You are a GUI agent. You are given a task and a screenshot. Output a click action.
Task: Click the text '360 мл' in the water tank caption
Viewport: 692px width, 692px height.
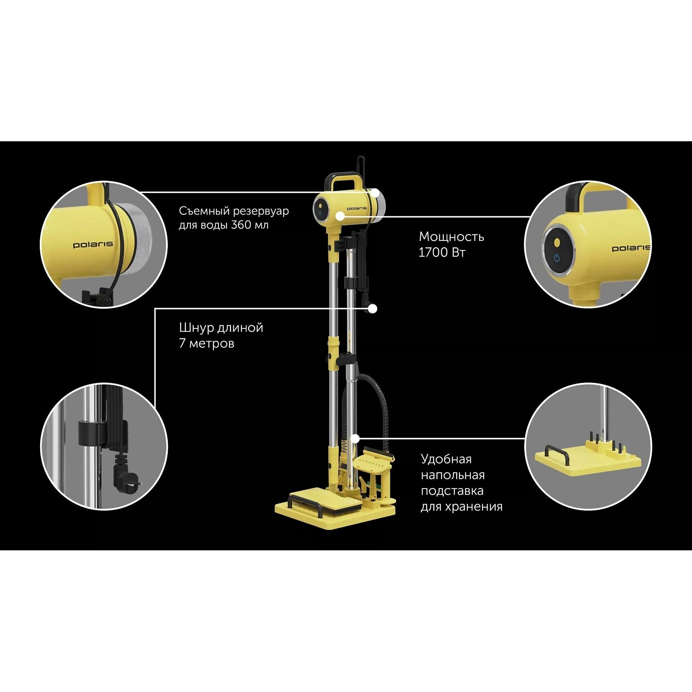[250, 225]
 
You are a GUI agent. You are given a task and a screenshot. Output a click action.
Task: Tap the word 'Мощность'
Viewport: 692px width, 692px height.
[451, 237]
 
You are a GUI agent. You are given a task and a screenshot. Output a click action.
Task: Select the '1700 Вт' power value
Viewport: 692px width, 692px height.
[442, 252]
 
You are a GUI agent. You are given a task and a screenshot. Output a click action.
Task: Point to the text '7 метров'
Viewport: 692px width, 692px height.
[206, 344]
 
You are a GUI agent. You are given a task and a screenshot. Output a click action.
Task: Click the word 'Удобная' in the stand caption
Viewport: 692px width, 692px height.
[446, 459]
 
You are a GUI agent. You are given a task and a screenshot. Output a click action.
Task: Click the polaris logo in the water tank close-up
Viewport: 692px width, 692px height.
[93, 245]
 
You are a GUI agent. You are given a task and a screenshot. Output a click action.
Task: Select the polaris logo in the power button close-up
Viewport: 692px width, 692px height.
[631, 248]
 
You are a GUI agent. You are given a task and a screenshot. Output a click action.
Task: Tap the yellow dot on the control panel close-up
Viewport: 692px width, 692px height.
[557, 242]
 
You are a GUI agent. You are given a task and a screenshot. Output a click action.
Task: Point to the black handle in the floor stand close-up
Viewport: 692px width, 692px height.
[557, 453]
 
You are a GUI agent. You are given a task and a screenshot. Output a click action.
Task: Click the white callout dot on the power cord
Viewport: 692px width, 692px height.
[373, 309]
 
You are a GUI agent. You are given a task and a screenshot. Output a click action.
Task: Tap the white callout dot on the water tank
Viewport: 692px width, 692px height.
[375, 193]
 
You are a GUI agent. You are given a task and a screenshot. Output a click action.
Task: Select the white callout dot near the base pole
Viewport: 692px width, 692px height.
[355, 439]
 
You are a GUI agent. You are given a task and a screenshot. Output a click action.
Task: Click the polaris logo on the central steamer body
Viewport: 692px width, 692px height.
[356, 208]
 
